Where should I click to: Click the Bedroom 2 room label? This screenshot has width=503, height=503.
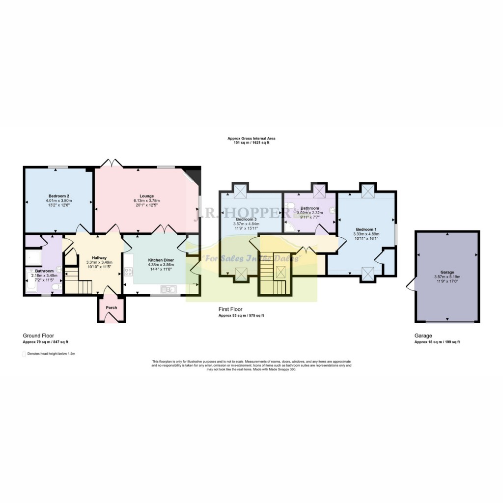pos(58,195)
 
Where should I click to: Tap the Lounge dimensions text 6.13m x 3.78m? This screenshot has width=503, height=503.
pos(146,200)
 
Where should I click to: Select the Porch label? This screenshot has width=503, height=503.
pos(112,308)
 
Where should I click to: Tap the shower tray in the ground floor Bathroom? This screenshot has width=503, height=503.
pos(33,257)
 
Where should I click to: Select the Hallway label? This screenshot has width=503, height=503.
pos(100,258)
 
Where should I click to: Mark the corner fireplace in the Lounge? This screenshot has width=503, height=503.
pos(193,176)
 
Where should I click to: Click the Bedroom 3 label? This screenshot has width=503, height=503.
pos(246,219)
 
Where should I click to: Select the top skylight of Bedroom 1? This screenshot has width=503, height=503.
pos(367,192)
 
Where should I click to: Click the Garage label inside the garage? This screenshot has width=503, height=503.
pos(447,272)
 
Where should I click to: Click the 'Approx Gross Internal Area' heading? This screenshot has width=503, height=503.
pos(251,139)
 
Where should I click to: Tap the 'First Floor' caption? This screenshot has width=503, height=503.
pos(230,309)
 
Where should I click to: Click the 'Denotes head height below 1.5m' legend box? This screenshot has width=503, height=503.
pos(24,353)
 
